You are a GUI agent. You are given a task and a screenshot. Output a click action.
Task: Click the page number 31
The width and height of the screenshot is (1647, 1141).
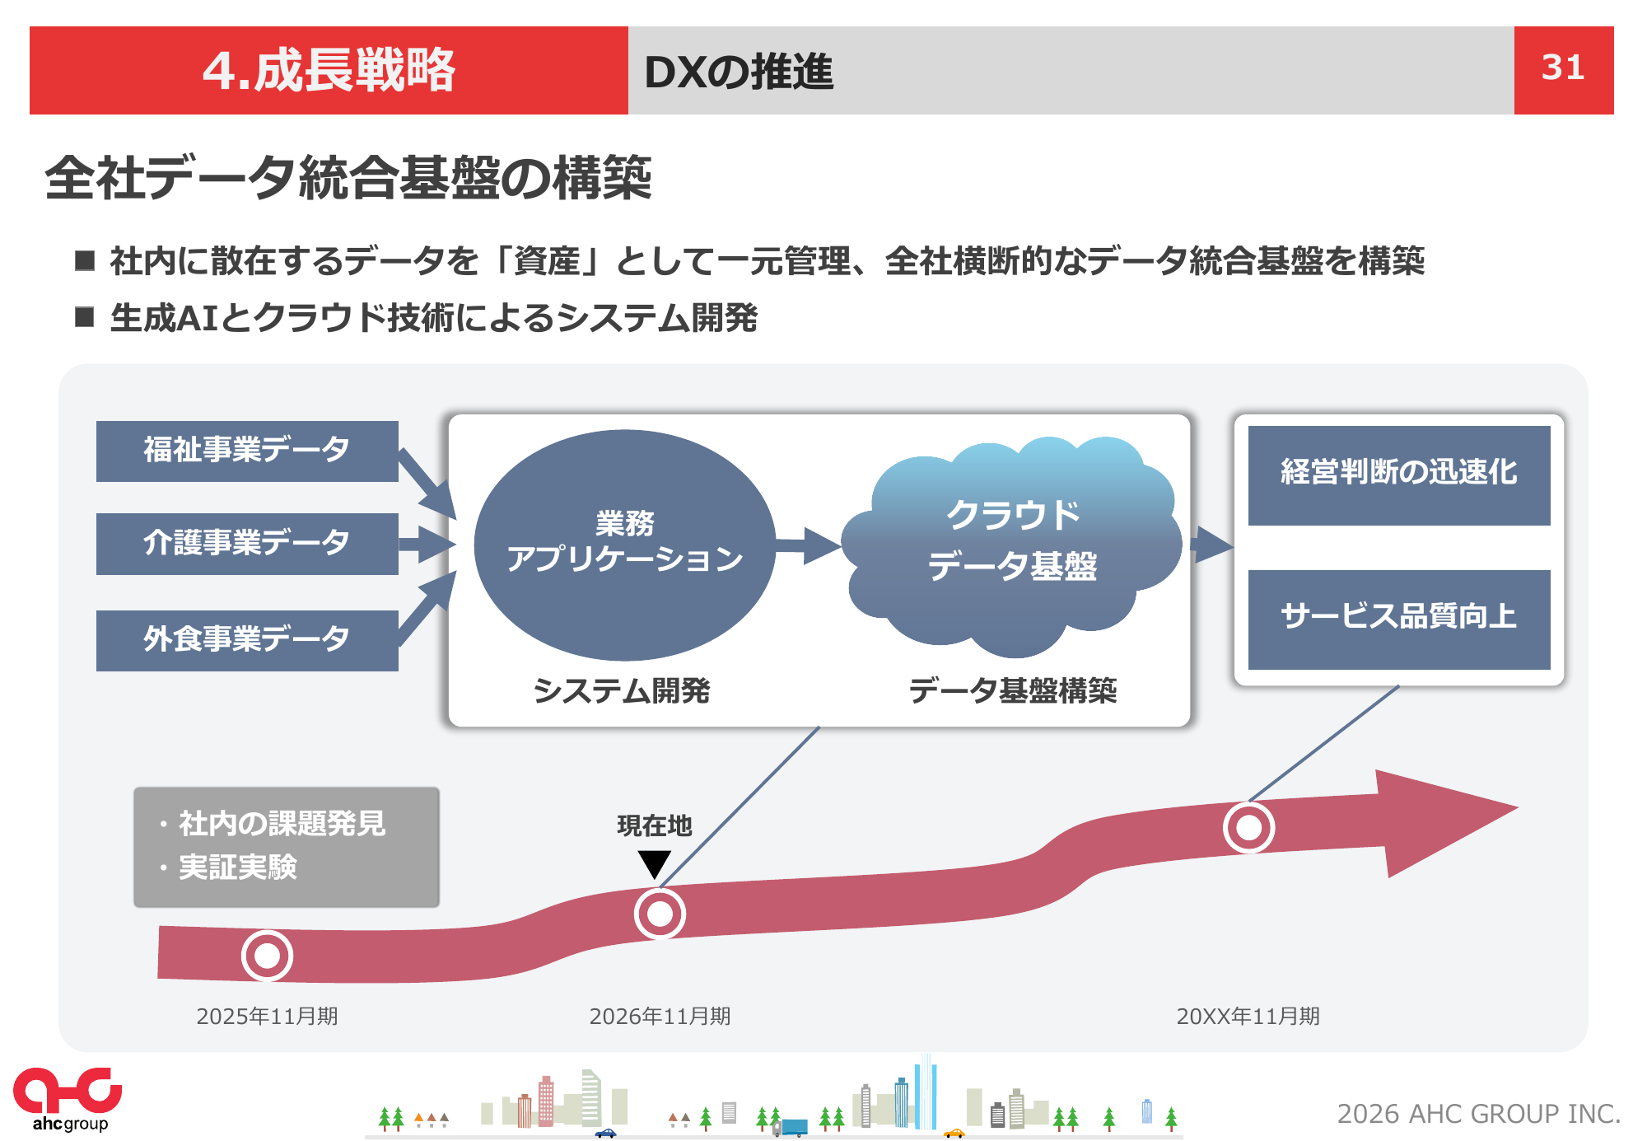(1562, 68)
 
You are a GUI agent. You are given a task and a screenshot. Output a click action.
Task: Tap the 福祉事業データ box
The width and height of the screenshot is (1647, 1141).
(247, 451)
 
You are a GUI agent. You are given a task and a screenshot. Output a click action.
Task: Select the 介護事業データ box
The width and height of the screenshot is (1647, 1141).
(247, 544)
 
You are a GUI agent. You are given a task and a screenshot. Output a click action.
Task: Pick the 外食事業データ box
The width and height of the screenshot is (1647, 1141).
(247, 640)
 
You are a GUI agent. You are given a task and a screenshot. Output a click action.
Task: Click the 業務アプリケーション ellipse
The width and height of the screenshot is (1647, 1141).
(625, 545)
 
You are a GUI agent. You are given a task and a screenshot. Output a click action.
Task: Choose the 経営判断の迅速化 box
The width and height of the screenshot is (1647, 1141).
(1399, 475)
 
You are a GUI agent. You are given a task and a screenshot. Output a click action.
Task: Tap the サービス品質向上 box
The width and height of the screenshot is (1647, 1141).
(1399, 620)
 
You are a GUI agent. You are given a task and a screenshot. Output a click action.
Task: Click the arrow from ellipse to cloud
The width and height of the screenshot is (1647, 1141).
(808, 545)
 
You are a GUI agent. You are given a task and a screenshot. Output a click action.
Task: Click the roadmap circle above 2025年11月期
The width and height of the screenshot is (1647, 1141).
(267, 956)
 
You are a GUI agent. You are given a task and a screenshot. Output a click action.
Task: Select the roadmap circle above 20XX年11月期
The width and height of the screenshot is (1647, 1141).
(1248, 827)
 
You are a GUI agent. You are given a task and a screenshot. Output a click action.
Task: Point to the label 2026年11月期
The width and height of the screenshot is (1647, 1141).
(660, 1017)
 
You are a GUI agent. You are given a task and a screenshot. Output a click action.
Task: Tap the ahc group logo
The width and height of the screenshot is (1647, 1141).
(68, 1100)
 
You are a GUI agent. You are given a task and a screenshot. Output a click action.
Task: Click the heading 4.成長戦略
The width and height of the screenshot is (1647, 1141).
(329, 70)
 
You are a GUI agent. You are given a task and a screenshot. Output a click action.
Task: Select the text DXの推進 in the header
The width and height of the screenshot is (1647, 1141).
(739, 72)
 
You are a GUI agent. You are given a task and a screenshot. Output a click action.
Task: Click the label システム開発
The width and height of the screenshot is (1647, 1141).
(622, 690)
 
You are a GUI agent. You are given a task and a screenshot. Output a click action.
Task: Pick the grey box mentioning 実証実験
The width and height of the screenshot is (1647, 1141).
(287, 847)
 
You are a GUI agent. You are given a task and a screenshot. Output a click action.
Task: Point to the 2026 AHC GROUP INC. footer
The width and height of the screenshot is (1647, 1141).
(1479, 1114)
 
